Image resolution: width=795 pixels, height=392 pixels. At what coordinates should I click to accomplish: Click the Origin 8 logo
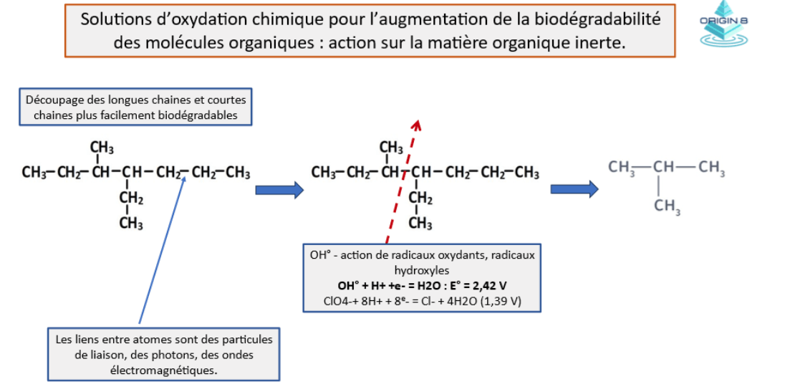[x=724, y=24]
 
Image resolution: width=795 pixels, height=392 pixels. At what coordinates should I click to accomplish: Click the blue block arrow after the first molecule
[x=279, y=190]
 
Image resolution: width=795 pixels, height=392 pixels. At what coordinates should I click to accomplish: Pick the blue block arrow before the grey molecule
[x=574, y=190]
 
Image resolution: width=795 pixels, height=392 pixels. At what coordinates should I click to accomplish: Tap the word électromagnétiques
[x=164, y=371]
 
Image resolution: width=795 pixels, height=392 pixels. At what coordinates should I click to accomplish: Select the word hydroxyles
[x=421, y=269]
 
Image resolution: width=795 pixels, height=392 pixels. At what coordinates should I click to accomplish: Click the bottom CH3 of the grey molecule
[x=667, y=206]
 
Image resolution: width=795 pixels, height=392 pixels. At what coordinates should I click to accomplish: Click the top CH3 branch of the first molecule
[x=102, y=148]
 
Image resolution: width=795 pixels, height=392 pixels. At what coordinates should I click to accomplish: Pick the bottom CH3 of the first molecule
[x=131, y=224]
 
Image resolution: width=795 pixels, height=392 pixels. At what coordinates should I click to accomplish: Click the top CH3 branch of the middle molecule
[x=392, y=148]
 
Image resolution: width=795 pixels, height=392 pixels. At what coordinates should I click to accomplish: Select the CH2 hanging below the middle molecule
[x=421, y=199]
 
